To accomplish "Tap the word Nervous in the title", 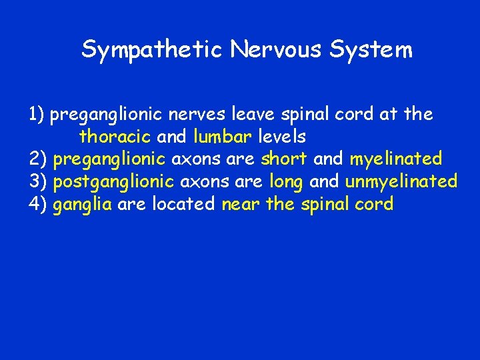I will pyautogui.click(x=260, y=50).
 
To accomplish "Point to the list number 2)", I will pyautogui.click(x=38, y=159).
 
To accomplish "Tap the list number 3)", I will pyautogui.click(x=38, y=181).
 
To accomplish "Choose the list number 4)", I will pyautogui.click(x=38, y=204).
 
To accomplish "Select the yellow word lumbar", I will pyautogui.click(x=223, y=137).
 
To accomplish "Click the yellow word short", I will pyautogui.click(x=284, y=159).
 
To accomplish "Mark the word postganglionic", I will pyautogui.click(x=114, y=182).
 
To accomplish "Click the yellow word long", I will pyautogui.click(x=287, y=182).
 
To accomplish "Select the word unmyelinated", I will pyautogui.click(x=401, y=182).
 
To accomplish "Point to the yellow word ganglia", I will pyautogui.click(x=82, y=205).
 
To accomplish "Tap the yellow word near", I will pyautogui.click(x=241, y=204).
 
